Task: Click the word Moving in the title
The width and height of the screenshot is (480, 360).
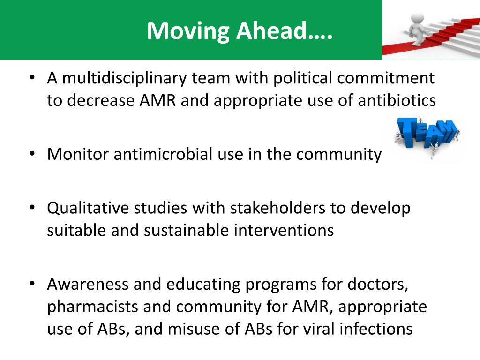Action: pos(188,31)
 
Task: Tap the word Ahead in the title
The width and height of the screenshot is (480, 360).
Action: pos(271,30)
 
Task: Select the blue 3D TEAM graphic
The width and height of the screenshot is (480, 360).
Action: pos(427,137)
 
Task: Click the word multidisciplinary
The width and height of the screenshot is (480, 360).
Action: pos(124,78)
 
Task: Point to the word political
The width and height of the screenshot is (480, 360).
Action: pos(302,78)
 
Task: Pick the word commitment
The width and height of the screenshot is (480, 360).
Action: pos(386,78)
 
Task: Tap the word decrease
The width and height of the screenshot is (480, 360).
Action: pos(101,100)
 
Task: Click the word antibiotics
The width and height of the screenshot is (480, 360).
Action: pos(397,100)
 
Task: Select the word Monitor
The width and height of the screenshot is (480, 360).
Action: pos(78,154)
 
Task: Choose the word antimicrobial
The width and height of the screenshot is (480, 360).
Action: pos(163,154)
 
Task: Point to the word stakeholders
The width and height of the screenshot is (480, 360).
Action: pos(277,208)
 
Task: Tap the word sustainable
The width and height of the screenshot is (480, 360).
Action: pos(186,230)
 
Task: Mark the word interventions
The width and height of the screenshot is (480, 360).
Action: pos(284,230)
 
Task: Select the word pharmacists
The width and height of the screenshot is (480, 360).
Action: pos(92,307)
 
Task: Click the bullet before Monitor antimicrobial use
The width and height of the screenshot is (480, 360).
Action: pos(32,154)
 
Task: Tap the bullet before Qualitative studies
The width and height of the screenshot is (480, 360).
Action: pos(32,208)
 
